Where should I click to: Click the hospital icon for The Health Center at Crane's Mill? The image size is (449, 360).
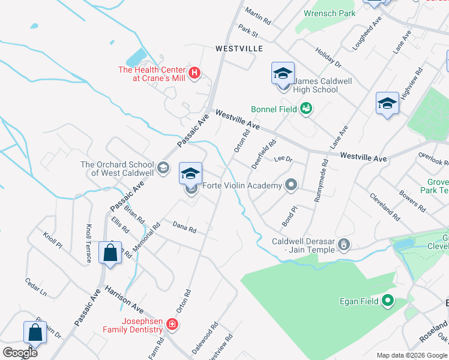pos(194,73)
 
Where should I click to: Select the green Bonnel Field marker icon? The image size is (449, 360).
pos(306,108)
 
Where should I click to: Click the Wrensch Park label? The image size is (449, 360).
pos(330,13)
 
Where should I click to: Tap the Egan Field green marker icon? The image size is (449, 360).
pos(388,301)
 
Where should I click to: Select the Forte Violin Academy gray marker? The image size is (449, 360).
pos(291,185)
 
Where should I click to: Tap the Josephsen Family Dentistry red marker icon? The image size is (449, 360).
pos(172,325)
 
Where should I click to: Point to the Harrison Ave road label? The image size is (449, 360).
pos(124,298)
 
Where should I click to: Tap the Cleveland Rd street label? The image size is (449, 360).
pos(384,205)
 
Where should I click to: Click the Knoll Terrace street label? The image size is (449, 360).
pos(89,243)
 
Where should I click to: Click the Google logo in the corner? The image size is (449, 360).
pos(19,352)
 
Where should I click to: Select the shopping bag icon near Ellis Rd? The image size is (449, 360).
pos(110,253)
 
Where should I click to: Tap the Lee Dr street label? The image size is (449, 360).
pos(282,160)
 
